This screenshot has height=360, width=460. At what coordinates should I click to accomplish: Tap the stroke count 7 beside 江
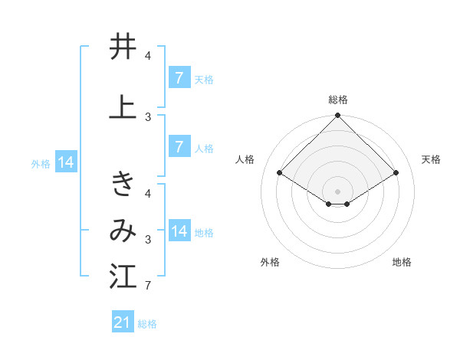coord(147,286)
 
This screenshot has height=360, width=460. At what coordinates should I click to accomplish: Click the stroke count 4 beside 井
coord(147,56)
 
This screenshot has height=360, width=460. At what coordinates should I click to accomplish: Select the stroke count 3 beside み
coord(147,240)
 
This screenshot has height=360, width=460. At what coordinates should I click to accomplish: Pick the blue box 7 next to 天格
coord(179,77)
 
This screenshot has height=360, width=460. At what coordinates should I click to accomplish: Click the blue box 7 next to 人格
coord(179,147)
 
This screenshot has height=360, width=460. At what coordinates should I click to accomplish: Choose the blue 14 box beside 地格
coord(179,231)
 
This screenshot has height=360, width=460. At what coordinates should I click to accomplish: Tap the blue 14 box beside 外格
coord(65,162)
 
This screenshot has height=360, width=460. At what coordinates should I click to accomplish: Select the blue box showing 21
coord(123,322)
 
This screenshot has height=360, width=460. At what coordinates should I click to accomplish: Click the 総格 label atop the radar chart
coord(337,100)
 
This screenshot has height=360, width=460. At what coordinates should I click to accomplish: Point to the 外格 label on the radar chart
coord(270,262)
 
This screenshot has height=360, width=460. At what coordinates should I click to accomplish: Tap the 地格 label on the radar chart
coord(402,262)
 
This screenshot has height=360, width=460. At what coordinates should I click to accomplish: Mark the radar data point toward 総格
coord(337,116)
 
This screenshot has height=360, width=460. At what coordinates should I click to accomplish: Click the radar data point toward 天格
coord(396,173)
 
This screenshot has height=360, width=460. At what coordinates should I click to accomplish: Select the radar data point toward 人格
coord(280,172)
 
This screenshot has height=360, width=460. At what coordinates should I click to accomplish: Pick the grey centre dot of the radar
coord(337,191)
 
